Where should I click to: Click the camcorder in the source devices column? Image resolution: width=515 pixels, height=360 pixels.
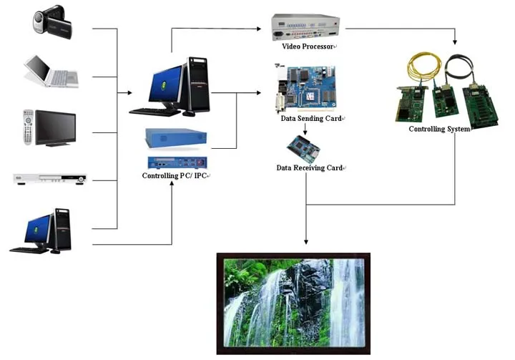coord(52,21)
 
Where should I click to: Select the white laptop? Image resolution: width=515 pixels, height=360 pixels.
coord(48,72)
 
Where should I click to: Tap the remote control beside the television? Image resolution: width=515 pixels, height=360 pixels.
coord(28,127)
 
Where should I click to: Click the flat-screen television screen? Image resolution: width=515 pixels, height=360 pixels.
coord(56,127)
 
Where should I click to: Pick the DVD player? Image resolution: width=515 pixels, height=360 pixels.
coord(50,177)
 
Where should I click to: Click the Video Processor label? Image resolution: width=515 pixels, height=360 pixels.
coord(308,47)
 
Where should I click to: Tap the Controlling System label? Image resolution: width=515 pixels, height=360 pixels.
coord(438,130)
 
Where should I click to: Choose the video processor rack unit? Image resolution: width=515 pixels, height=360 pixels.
coord(305,27)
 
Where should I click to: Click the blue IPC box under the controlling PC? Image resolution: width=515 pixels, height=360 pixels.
coord(176,136)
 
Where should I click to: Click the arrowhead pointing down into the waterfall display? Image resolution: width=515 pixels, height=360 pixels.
coord(305,245)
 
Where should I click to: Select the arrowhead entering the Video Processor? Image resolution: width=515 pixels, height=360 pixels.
coord(260,29)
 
